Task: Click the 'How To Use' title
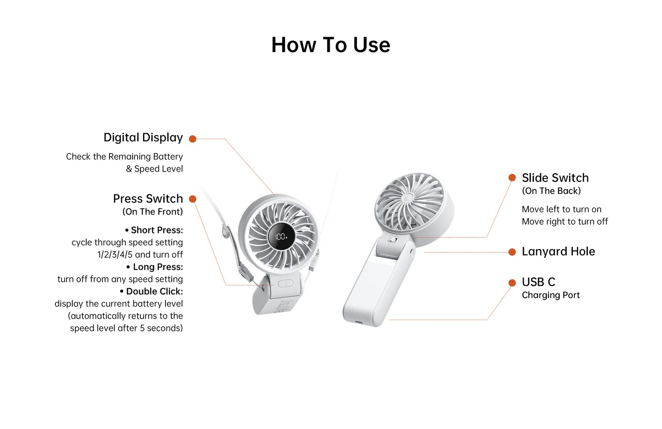(331, 45)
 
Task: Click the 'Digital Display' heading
(143, 138)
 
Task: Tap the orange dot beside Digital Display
(192, 139)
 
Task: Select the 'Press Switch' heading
(148, 199)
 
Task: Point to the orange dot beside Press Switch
(192, 199)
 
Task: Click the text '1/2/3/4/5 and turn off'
(140, 255)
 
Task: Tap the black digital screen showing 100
(281, 237)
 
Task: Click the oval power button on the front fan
(285, 284)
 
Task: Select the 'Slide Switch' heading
(555, 178)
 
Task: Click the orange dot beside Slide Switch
(512, 177)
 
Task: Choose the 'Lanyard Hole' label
(558, 252)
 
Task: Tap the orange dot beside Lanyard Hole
(512, 252)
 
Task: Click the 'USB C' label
(538, 282)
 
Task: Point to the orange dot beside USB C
(512, 282)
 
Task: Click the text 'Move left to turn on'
(561, 210)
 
